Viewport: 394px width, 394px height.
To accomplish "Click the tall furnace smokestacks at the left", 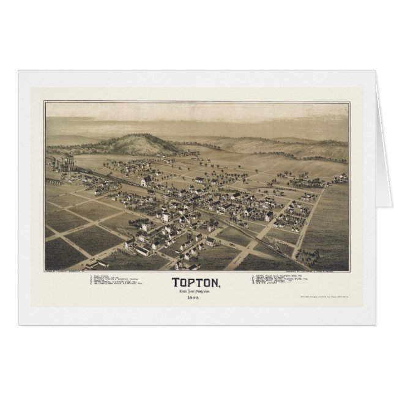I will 69,164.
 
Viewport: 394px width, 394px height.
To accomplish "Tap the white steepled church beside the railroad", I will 145,181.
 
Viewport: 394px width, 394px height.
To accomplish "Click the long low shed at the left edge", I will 54,181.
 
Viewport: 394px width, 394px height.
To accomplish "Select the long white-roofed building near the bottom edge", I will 142,250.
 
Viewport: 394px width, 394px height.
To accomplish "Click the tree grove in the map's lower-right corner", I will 327,260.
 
